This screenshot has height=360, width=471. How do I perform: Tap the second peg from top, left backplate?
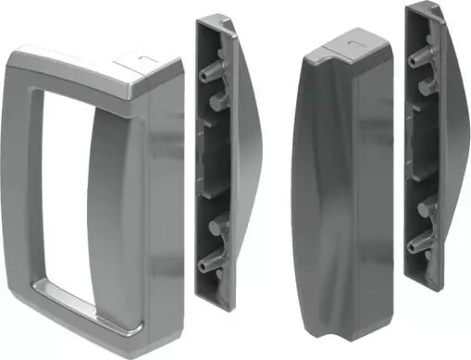pyautogui.click(x=216, y=97)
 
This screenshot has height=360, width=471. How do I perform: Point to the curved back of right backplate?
pyautogui.click(x=453, y=139)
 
